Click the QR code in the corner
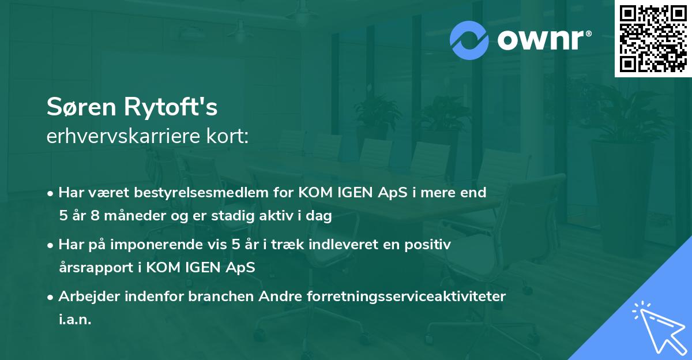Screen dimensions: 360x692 [652, 39]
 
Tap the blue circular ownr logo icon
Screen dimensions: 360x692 [469, 40]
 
